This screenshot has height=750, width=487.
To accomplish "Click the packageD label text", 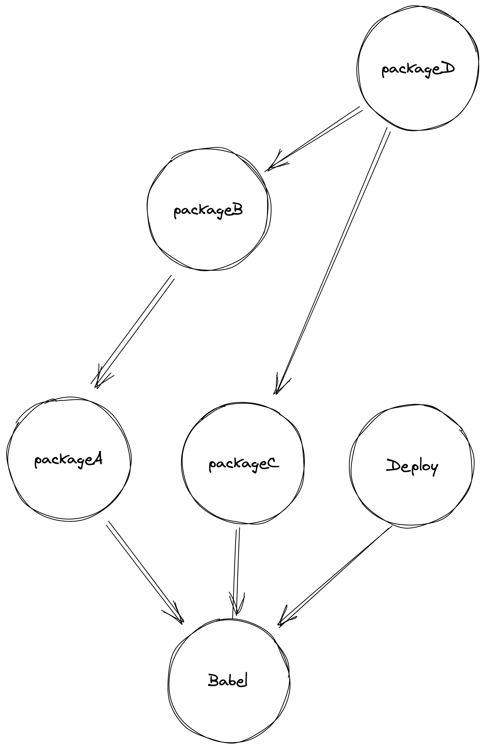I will [418, 69].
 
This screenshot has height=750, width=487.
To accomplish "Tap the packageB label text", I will [208, 211].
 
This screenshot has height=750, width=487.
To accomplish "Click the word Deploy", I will [412, 467].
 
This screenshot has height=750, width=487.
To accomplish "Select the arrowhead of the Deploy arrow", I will [283, 619].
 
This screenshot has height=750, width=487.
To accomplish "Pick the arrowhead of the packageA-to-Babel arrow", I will [178, 616].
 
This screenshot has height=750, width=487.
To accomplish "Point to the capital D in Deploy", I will [392, 465].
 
